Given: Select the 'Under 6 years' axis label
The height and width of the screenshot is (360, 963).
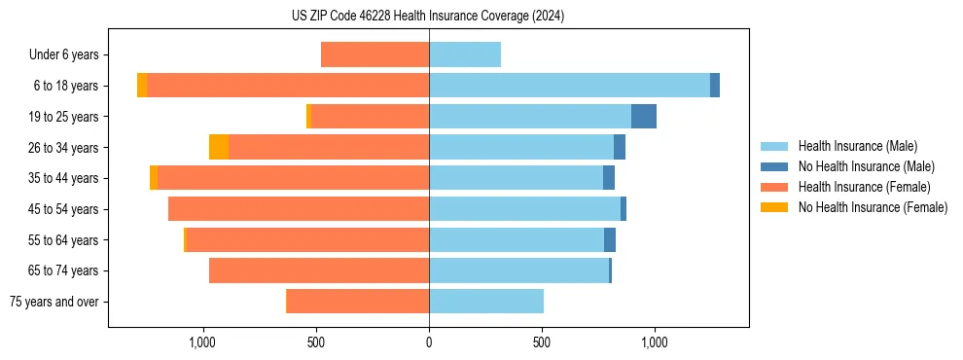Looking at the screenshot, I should pos(69,54).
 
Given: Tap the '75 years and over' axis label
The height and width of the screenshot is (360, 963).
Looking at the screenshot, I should pos(59,302).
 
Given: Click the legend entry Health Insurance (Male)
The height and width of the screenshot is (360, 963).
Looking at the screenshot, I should pos(857,146).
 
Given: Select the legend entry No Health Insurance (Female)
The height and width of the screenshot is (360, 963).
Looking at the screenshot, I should pos(873,207).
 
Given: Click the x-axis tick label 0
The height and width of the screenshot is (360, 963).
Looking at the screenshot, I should pos(429,342).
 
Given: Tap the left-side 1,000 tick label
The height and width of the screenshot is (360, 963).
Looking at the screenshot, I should pos(202,342).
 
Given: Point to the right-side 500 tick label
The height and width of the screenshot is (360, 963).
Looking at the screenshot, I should pos(542,342).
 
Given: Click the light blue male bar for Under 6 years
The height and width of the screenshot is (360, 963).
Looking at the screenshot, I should pos(465,54).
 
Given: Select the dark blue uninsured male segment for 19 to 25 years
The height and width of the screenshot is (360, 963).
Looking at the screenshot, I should pos(644,117).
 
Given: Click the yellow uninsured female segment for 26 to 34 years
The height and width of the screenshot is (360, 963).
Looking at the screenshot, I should pos(219,147).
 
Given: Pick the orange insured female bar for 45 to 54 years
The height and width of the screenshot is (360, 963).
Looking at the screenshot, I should pos(299,209).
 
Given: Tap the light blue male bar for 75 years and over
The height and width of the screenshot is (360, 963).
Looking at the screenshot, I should pos(486,302).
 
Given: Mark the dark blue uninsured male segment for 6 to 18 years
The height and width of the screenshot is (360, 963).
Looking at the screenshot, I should pos(715,86).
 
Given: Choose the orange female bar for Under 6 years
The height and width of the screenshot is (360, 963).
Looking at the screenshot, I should pos(375,54).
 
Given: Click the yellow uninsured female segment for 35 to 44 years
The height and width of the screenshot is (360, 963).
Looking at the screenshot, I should pos(154,178).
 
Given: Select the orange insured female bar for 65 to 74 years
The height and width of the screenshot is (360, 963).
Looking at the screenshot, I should pos(319,270).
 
